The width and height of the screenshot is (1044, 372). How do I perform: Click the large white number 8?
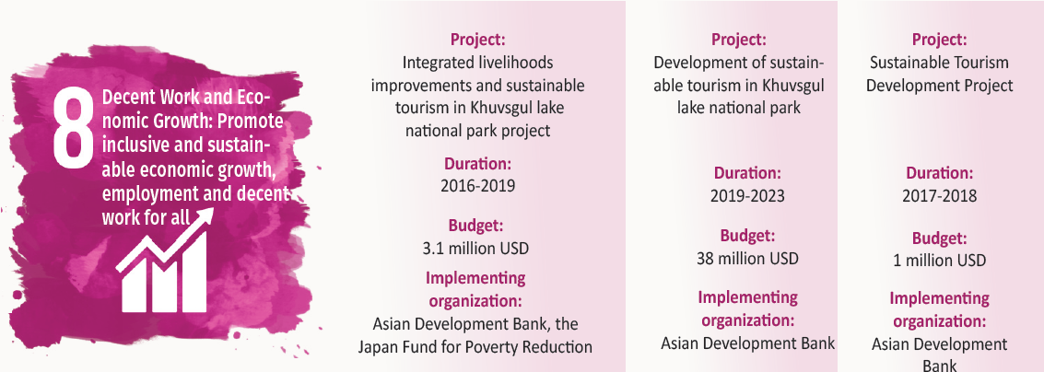[73, 128]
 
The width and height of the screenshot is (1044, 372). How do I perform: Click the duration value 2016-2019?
[477, 186]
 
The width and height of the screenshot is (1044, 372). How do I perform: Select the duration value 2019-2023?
[747, 196]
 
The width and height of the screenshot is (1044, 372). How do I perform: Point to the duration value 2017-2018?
[940, 196]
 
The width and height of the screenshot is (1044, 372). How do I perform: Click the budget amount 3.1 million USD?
[475, 249]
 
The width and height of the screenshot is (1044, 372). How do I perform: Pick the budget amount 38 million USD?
[747, 258]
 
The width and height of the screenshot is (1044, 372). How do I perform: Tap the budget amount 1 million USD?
[940, 261]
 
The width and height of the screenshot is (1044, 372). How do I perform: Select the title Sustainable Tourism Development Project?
[940, 74]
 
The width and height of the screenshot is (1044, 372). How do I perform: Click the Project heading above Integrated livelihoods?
[478, 40]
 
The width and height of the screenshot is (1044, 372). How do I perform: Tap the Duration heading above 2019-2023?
[747, 173]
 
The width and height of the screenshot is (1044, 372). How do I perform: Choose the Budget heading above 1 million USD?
[940, 238]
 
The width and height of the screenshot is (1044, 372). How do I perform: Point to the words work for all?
[146, 217]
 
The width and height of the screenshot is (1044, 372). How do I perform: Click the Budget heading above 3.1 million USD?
[475, 225]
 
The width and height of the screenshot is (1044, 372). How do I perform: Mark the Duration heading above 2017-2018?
[940, 173]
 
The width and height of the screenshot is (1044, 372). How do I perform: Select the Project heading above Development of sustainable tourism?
[738, 40]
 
